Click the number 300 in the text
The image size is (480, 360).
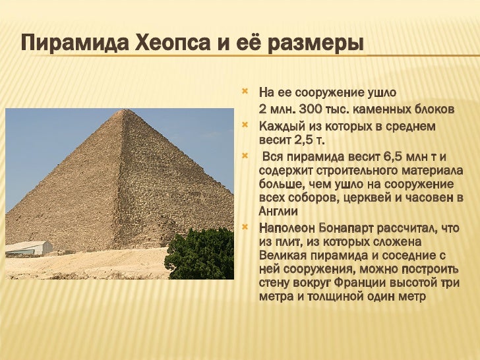click(x=310, y=108)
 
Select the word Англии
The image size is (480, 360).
click(x=279, y=212)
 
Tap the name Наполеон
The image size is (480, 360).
click(x=287, y=228)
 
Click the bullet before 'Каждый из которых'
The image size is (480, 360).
click(x=245, y=124)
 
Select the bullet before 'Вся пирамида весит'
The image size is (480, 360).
click(x=245, y=156)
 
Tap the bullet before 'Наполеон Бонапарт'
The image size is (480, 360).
click(x=245, y=227)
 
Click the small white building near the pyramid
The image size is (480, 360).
click(x=29, y=249)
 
